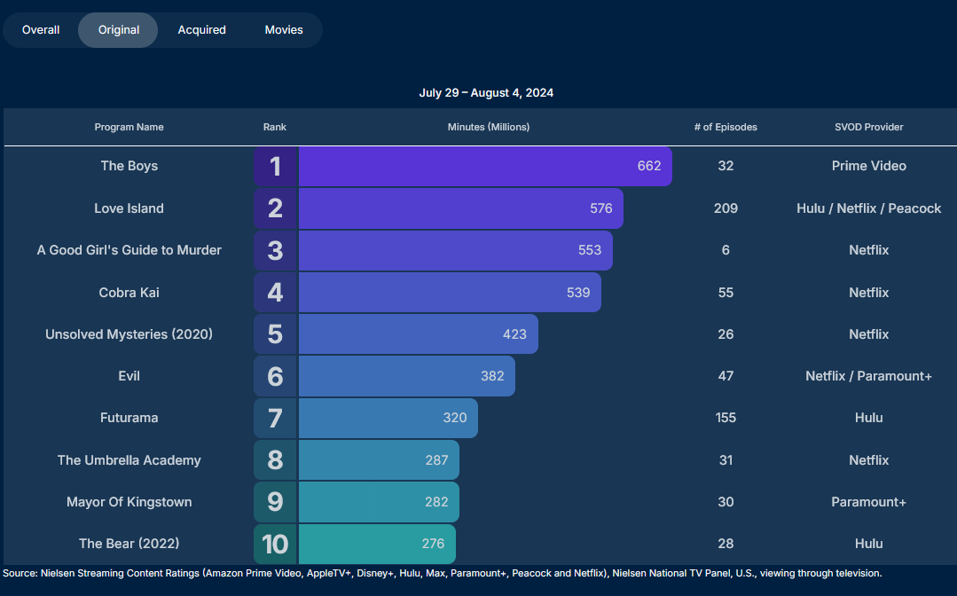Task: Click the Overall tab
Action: (41, 30)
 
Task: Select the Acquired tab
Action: (201, 30)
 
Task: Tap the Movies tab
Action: (284, 30)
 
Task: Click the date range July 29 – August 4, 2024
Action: (486, 93)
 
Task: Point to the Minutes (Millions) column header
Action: (489, 127)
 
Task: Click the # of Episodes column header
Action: (726, 127)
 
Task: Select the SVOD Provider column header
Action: (868, 127)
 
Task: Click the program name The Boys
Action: (129, 166)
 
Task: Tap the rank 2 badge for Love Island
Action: (275, 208)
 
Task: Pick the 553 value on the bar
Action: (590, 250)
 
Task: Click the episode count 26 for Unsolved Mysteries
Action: (726, 334)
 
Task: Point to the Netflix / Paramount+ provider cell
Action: (868, 376)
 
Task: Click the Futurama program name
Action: (129, 418)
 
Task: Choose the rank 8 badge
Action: (275, 460)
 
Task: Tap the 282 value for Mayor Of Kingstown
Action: (436, 502)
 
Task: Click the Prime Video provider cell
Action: (868, 166)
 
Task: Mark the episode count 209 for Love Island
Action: (726, 208)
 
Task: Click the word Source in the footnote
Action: (19, 574)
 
